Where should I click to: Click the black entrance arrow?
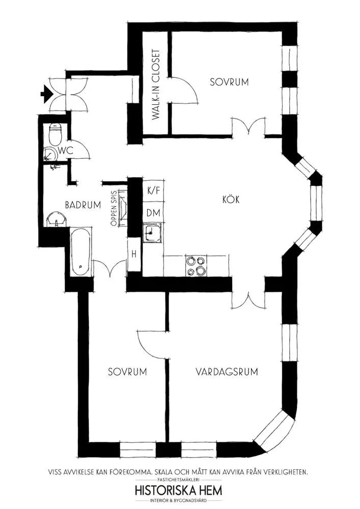(47, 94)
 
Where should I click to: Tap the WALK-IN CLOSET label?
(156, 84)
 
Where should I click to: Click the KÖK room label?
(231, 199)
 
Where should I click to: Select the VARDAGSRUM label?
(227, 372)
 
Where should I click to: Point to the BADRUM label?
(83, 205)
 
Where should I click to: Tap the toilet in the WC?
(54, 134)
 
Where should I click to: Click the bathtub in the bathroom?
(80, 252)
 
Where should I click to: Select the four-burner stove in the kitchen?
(196, 266)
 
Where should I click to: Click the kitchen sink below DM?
(152, 232)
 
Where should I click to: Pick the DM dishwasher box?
(154, 213)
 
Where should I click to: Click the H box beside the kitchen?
(134, 254)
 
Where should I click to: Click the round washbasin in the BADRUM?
(57, 219)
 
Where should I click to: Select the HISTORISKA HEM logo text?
(179, 490)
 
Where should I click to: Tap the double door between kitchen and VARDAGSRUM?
(249, 300)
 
